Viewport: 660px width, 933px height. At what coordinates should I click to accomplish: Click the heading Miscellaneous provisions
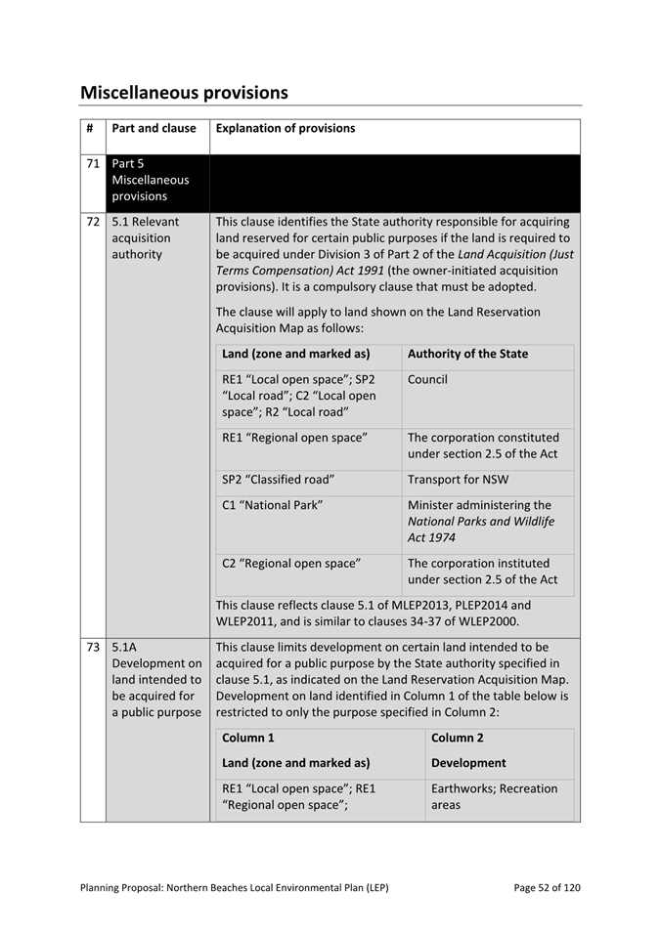[184, 93]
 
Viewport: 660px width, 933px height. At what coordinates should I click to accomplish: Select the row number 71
[93, 164]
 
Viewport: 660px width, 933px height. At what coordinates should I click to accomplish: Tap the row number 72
[93, 222]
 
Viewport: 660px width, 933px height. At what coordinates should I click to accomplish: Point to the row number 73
[93, 647]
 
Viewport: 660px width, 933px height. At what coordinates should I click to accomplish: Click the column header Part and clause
[154, 128]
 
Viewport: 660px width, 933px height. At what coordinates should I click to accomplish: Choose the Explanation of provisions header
[286, 128]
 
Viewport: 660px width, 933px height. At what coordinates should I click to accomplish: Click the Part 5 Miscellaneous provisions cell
[151, 180]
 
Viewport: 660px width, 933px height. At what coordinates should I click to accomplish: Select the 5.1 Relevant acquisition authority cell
[146, 238]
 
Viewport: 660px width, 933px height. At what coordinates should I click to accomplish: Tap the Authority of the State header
[467, 354]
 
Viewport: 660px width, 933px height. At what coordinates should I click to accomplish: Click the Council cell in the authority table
[427, 379]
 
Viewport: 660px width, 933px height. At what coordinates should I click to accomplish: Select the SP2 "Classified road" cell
[279, 480]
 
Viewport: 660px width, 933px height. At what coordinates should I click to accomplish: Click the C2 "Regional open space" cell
[291, 564]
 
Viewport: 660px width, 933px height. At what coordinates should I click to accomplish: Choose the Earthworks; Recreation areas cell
[494, 797]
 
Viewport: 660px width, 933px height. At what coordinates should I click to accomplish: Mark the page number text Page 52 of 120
[547, 888]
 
